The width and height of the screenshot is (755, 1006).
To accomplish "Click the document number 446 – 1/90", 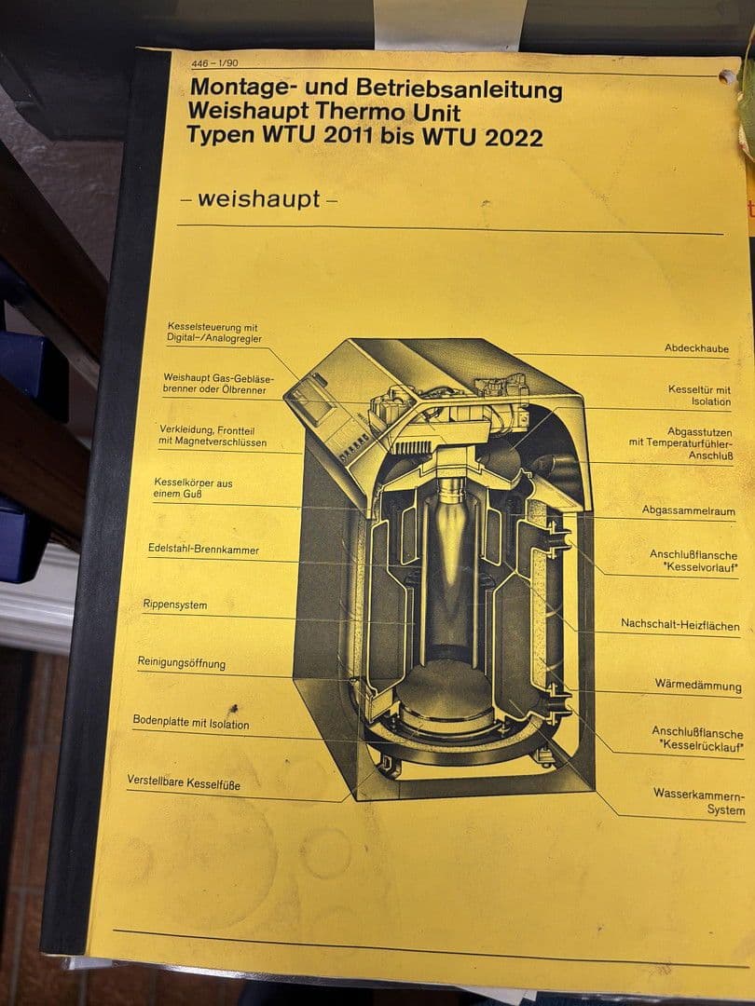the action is point(214,63).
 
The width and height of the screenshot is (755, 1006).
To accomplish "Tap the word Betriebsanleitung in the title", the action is point(459,89).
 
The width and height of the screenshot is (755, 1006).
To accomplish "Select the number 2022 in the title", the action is point(514,137).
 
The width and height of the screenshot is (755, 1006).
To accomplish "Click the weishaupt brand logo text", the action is point(259,199).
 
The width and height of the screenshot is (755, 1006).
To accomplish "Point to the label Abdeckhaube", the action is point(696,348).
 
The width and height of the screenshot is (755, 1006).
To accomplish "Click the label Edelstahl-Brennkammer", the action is point(203,550).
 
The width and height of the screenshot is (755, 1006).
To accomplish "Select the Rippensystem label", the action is point(174,605).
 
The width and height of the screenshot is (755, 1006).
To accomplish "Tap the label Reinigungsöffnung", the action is point(181,663).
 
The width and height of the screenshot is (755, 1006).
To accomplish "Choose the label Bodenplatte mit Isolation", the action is point(191,723).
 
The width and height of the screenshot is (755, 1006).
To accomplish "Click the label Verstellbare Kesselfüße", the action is point(184,782).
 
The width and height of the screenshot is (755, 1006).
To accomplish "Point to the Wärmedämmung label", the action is point(698,685).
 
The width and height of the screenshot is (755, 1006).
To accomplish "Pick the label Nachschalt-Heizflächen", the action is point(679,624).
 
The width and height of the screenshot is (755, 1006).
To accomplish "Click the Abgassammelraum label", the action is point(688,510).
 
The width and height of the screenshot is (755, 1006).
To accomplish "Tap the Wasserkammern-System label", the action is point(699,802).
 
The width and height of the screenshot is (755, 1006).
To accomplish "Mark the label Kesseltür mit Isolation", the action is point(699,395).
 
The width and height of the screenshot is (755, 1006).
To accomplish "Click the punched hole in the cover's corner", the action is point(727,77).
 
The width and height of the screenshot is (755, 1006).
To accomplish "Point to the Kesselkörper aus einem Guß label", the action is point(193,488).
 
